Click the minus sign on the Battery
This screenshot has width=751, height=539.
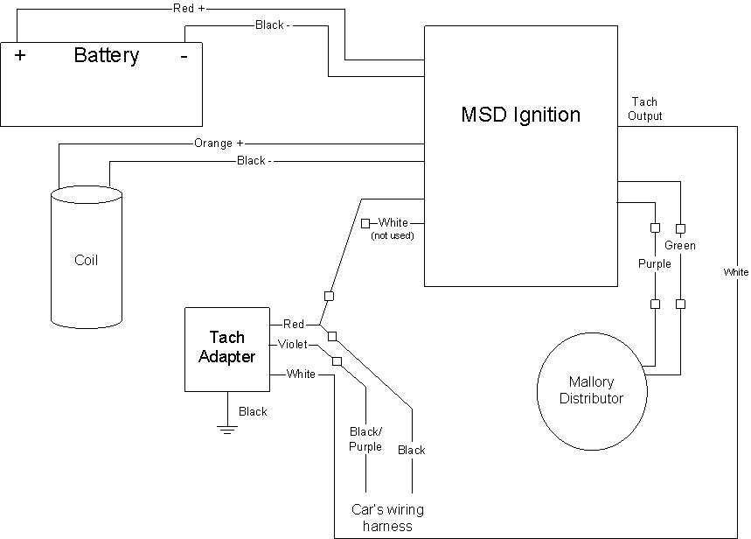pos(184,56)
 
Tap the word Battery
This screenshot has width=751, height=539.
pos(106,56)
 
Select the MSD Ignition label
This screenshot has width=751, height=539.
pos(520,115)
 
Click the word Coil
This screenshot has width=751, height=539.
pos(87,260)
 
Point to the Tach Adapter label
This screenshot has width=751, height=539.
pos(226,346)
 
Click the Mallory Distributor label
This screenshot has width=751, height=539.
pos(592,390)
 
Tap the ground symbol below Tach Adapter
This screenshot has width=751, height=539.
pos(227,430)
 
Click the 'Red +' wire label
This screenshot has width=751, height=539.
pos(188,8)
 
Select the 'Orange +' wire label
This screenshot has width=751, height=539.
pos(219,143)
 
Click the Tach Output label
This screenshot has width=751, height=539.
pos(644,109)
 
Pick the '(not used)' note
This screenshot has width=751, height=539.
pos(393,235)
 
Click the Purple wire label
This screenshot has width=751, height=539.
pos(654,263)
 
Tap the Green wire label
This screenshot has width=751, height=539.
pos(679,246)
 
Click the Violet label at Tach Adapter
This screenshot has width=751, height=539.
pos(293,344)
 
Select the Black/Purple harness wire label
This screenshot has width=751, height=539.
pos(365,439)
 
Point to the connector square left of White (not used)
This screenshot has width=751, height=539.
pos(366,223)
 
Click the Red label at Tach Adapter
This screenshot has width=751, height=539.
pos(294,325)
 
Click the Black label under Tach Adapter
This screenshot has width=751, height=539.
pos(253,411)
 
